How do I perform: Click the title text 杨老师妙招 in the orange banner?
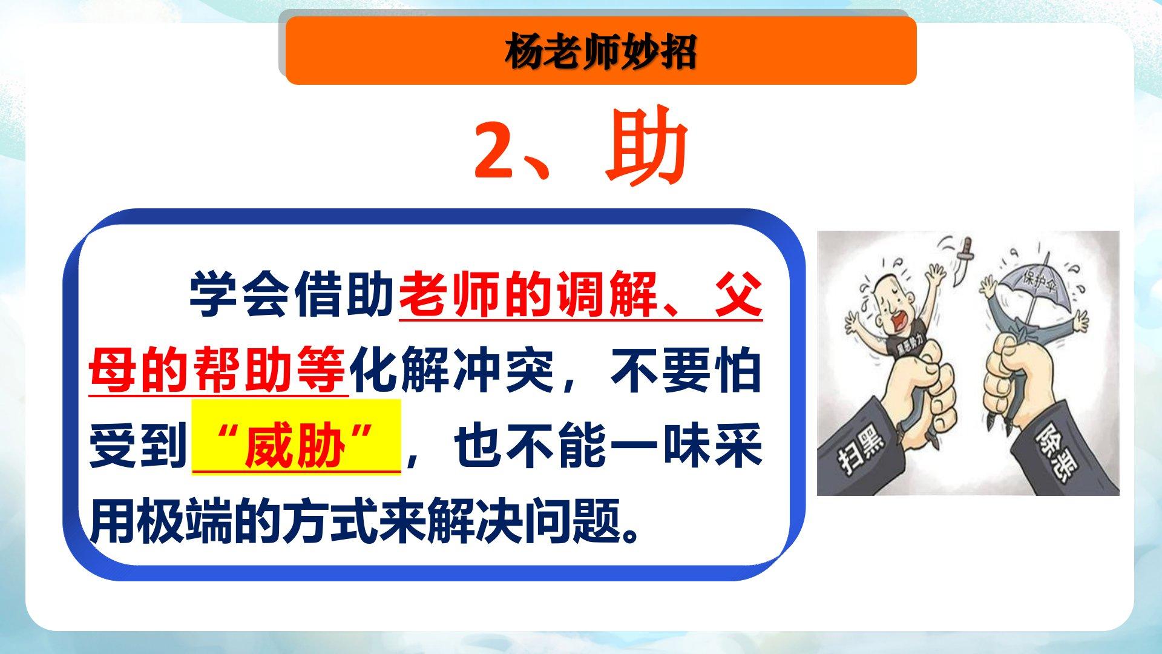(600, 52)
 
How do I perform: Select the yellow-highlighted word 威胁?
(295, 448)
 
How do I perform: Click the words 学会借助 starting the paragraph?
(292, 295)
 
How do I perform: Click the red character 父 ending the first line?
(738, 295)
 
